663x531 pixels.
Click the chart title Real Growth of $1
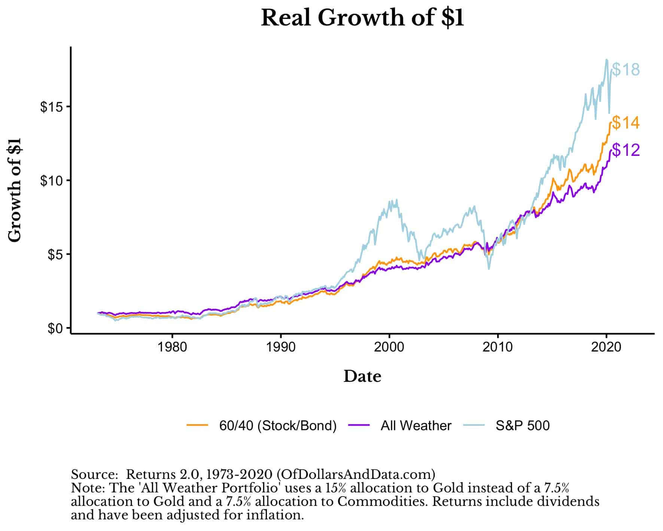(362, 18)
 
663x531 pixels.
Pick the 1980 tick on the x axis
(172, 347)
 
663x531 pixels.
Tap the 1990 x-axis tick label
(280, 347)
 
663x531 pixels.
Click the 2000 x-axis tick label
(389, 347)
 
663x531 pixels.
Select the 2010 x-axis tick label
(498, 347)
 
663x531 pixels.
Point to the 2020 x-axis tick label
(606, 347)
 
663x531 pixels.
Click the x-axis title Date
(362, 376)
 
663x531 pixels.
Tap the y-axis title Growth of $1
(15, 190)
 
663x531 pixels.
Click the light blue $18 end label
(626, 70)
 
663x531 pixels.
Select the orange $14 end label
(626, 123)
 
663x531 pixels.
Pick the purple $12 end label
(626, 150)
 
